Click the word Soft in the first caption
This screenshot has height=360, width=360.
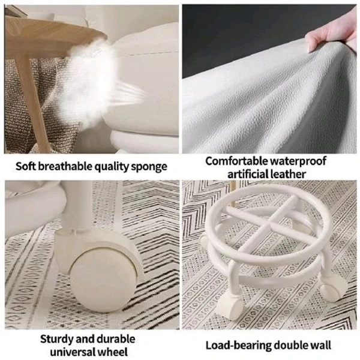(25, 166)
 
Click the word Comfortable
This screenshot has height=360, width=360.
(236, 161)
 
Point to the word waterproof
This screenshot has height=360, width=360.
(298, 161)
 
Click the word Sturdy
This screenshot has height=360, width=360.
(56, 340)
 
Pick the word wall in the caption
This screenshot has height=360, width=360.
(321, 345)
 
